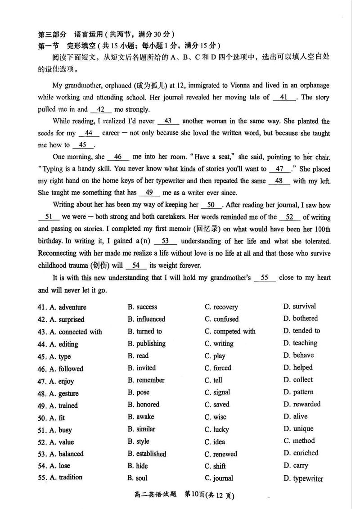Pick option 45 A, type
pos(59,356)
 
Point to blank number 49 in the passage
pos(149,193)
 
